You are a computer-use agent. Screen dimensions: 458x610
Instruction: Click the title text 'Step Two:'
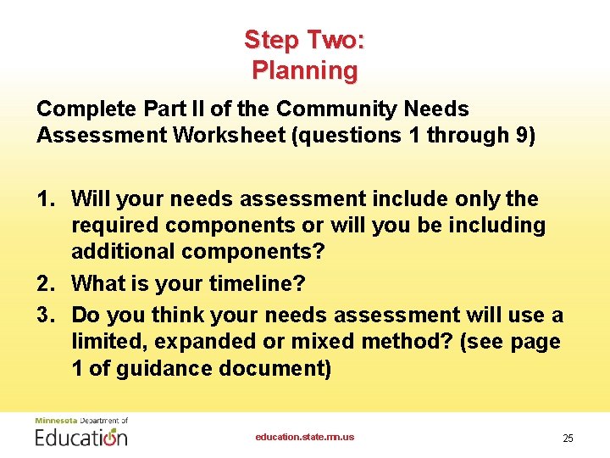[304, 40]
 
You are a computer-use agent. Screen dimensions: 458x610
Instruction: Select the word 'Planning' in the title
[304, 70]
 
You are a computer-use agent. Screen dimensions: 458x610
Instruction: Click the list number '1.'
[47, 199]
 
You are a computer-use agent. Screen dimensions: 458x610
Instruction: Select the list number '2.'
[47, 283]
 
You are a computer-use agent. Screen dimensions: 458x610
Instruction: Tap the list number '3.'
[47, 316]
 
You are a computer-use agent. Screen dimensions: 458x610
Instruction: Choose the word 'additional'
[121, 253]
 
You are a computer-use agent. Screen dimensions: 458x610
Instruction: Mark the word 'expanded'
[193, 343]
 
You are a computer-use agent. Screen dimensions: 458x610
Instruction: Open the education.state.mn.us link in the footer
[305, 438]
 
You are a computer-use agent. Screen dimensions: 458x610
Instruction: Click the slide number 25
[568, 438]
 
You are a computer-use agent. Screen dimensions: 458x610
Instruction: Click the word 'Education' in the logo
[81, 438]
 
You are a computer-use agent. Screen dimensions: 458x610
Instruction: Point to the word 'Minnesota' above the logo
[54, 421]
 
